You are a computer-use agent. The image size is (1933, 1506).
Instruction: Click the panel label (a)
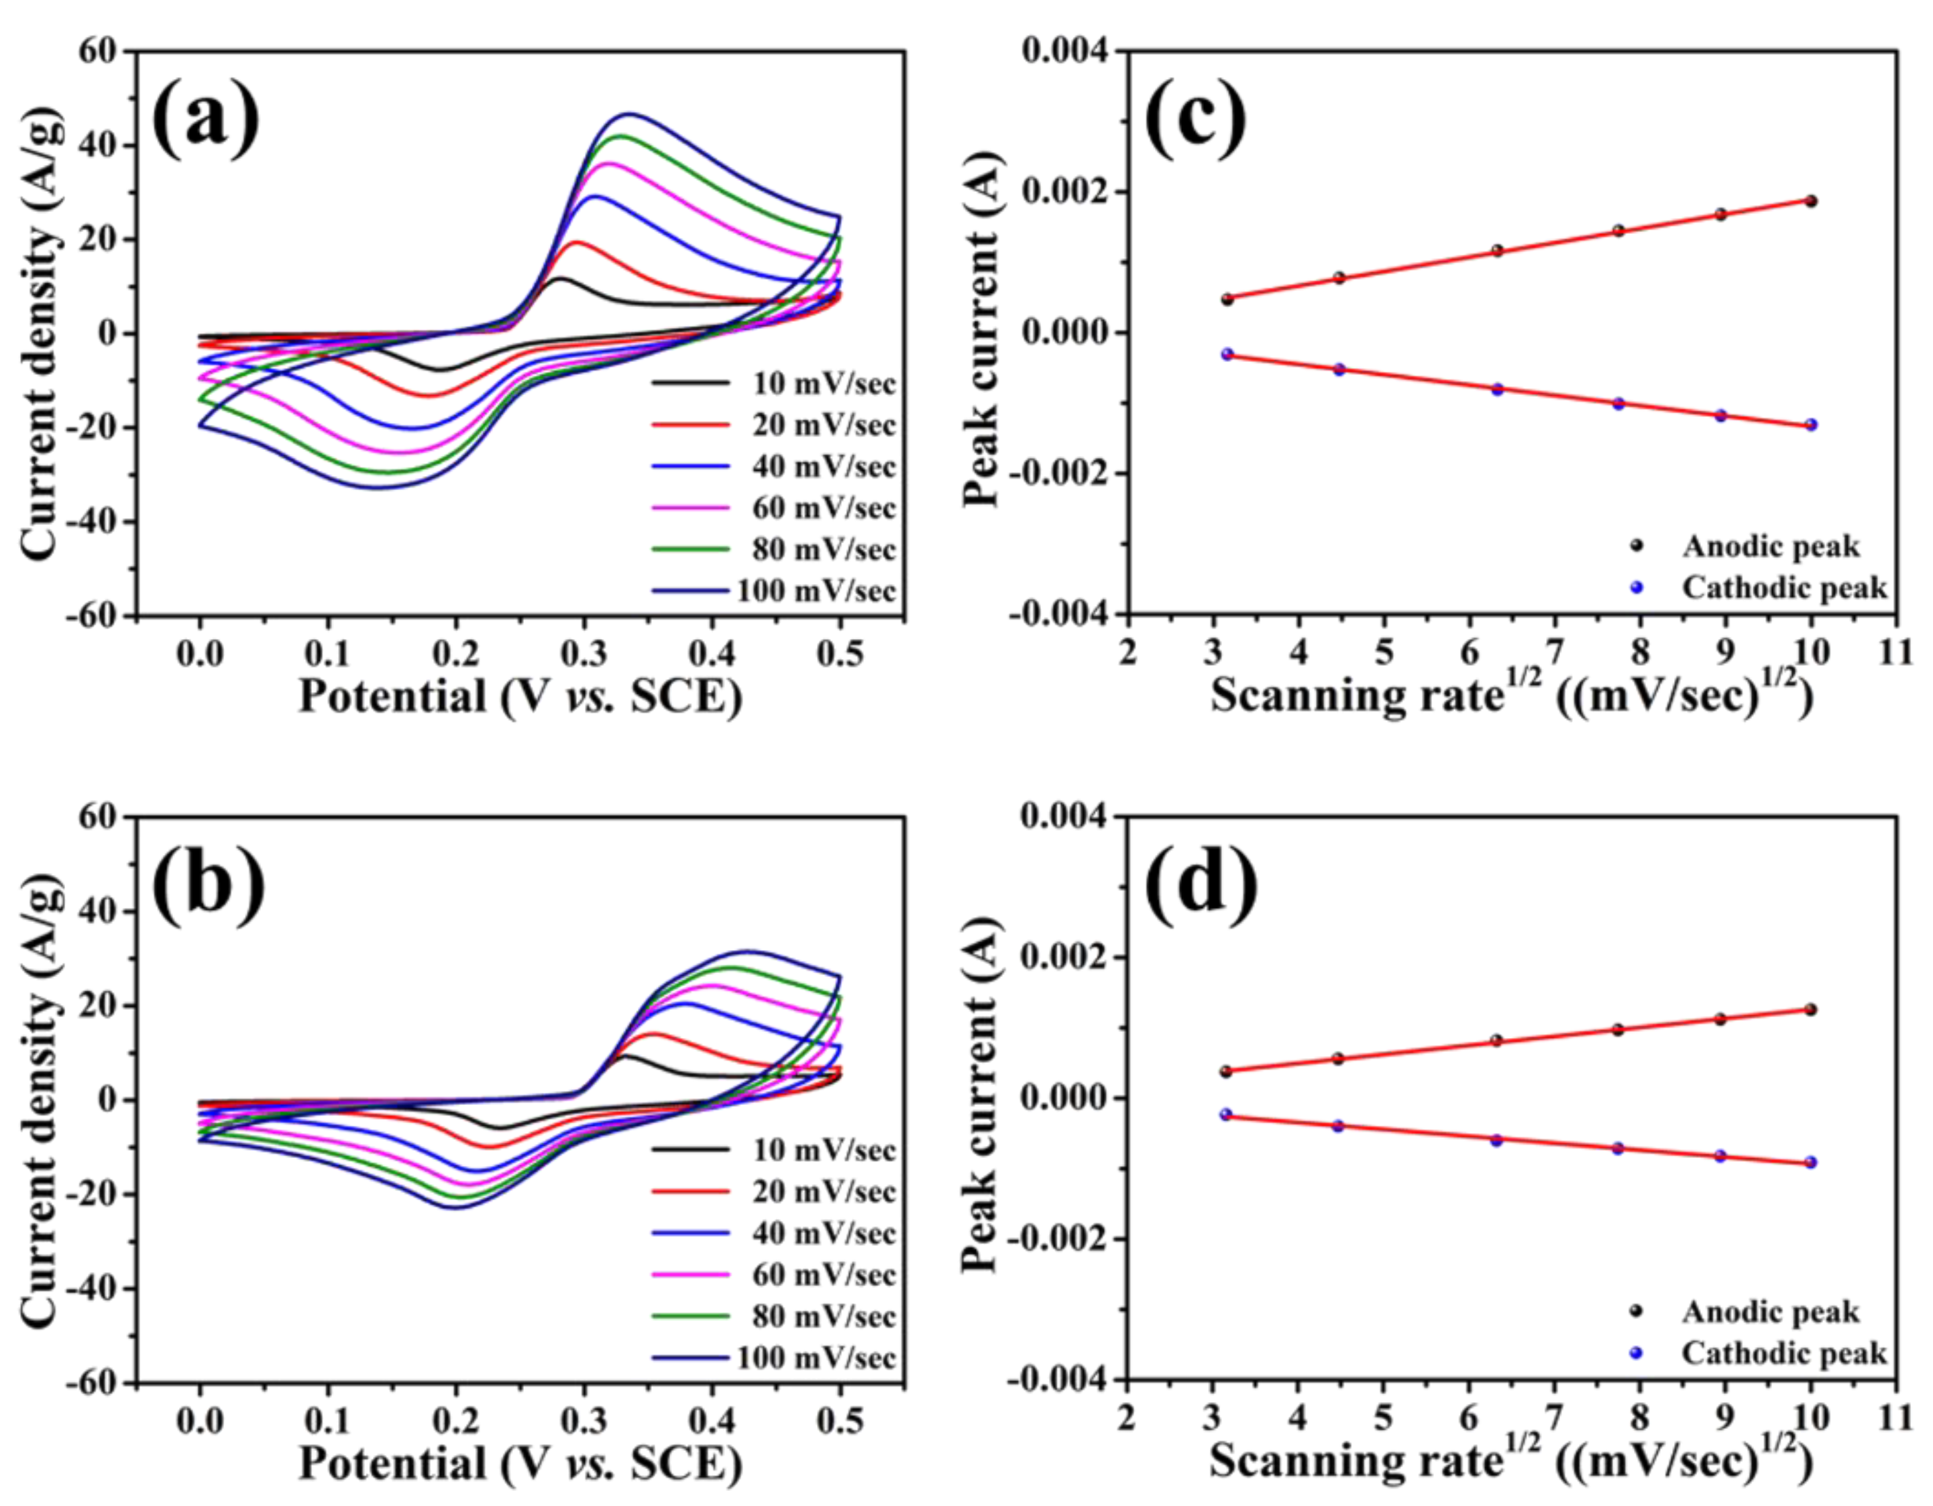tap(206, 119)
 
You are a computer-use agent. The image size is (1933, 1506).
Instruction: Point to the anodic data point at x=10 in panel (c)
tap(1811, 201)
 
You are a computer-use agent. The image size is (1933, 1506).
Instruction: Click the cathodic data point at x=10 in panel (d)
tap(1810, 1163)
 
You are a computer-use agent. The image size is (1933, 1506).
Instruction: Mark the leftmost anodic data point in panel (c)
tap(1227, 299)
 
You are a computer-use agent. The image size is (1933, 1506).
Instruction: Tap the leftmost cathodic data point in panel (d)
tap(1226, 1114)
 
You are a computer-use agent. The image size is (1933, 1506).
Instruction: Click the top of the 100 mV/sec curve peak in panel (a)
tap(629, 113)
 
